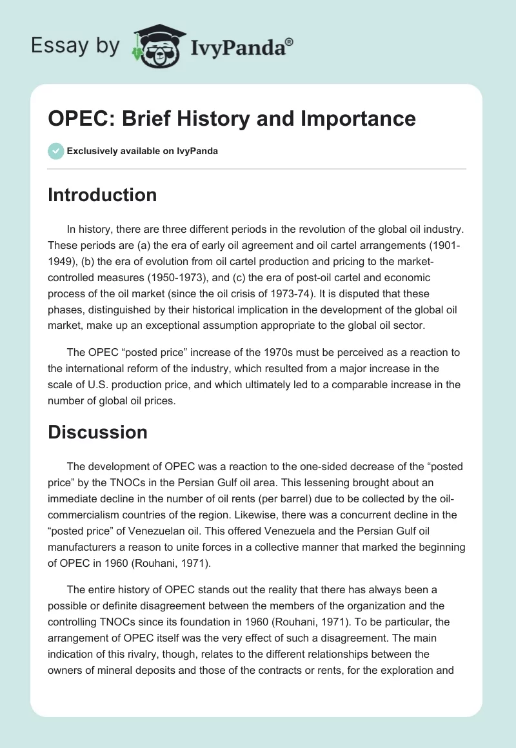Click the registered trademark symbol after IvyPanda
[x=289, y=42]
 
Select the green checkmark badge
[x=55, y=151]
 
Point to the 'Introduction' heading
[x=102, y=195]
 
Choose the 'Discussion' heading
[x=97, y=432]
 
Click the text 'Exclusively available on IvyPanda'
[x=143, y=151]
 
